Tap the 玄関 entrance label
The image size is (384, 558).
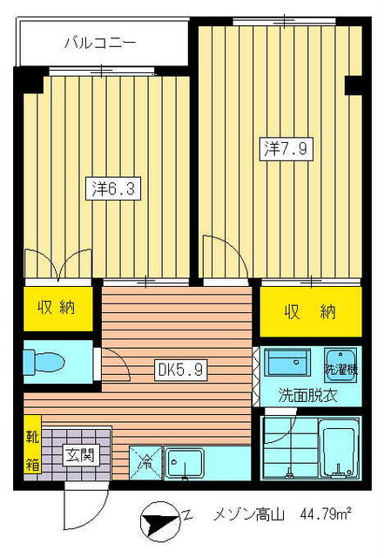point(78,454)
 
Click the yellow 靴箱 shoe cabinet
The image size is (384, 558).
point(31,450)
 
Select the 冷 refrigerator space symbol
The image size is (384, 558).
point(145,463)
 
